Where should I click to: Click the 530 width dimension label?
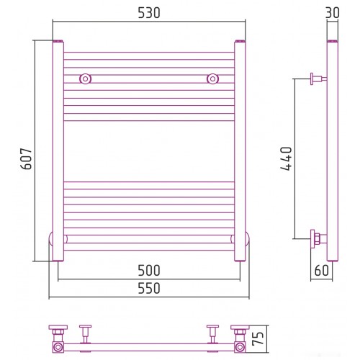[149, 13]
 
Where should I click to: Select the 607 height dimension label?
[26, 159]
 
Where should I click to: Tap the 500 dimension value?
[149, 271]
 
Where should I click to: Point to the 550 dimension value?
[149, 288]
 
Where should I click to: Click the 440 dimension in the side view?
[286, 158]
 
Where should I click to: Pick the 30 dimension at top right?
[333, 13]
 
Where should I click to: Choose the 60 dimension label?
[321, 271]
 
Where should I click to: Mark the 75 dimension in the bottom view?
[258, 338]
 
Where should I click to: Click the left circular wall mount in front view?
[85, 78]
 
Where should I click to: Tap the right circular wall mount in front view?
[212, 78]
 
